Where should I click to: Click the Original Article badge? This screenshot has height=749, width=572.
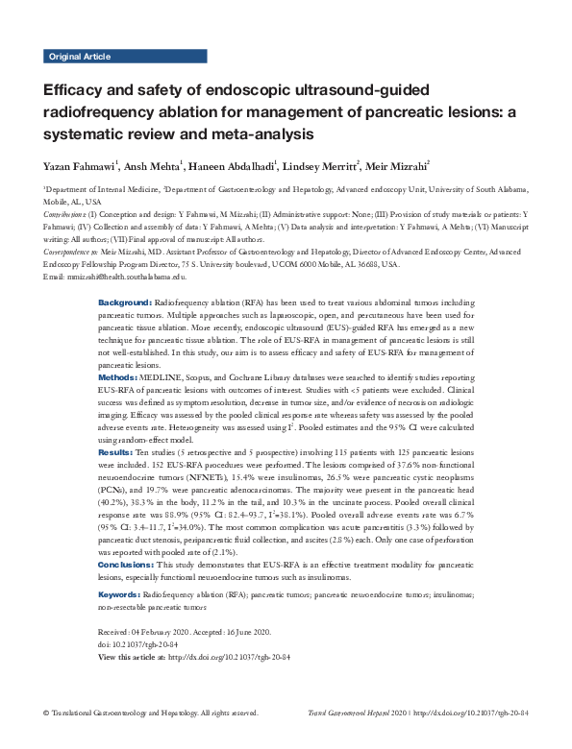77,57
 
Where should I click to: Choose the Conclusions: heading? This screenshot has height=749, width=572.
129,566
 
